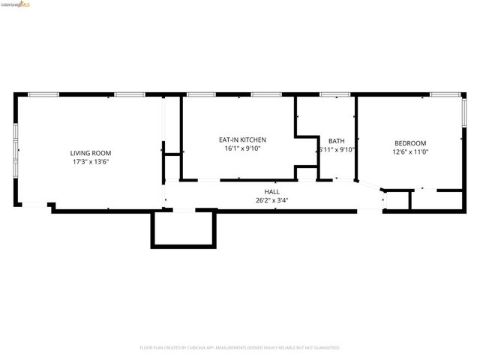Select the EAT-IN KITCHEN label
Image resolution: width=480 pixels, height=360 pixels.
pyautogui.click(x=241, y=139)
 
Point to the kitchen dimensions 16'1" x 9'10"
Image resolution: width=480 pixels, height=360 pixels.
pyautogui.click(x=241, y=148)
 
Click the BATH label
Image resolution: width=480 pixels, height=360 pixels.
pyautogui.click(x=336, y=140)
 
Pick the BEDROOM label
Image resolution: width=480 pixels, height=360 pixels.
pyautogui.click(x=410, y=143)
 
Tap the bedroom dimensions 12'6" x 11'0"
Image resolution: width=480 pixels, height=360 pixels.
pyautogui.click(x=410, y=152)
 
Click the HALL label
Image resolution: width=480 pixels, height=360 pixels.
pyautogui.click(x=271, y=191)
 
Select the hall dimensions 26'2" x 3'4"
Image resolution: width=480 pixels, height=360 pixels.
pyautogui.click(x=271, y=200)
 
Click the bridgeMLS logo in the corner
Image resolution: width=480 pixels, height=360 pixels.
pyautogui.click(x=16, y=4)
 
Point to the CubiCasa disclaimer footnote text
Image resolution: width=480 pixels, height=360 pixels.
pyautogui.click(x=240, y=348)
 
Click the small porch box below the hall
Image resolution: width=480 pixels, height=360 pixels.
pyautogui.click(x=184, y=228)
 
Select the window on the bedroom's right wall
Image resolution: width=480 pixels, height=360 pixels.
pyautogui.click(x=463, y=110)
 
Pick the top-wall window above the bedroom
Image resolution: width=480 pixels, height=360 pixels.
pyautogui.click(x=444, y=94)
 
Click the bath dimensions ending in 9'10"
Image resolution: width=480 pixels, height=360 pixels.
pyautogui.click(x=337, y=149)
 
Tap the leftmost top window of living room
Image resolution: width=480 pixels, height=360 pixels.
pyautogui.click(x=43, y=94)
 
